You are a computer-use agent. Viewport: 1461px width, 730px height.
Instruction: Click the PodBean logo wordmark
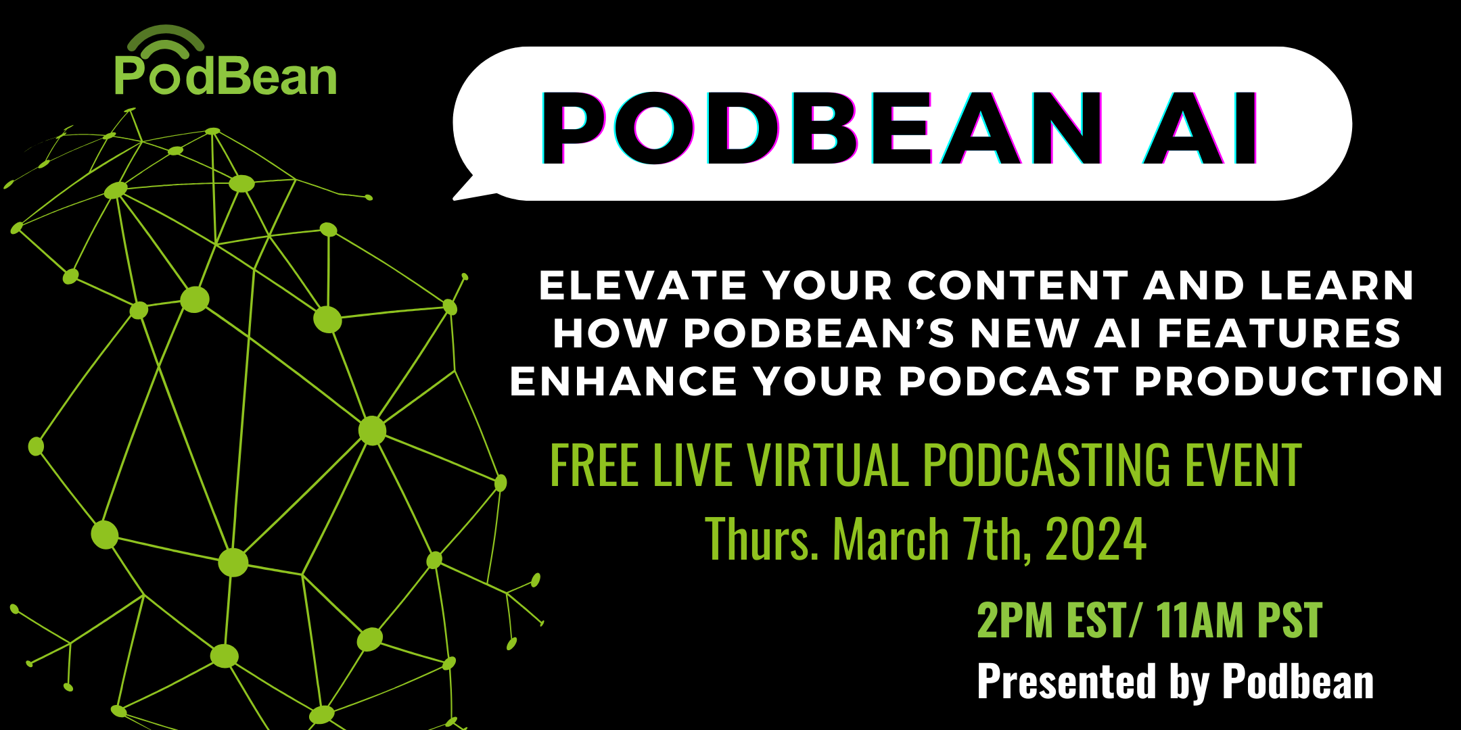[x=225, y=76]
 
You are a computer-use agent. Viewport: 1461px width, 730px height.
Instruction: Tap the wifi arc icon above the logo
[x=166, y=39]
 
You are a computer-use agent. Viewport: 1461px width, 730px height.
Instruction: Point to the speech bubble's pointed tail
[x=467, y=189]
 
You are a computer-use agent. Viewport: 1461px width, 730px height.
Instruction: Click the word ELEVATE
[x=643, y=285]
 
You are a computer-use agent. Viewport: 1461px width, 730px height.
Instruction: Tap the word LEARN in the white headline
[x=1337, y=285]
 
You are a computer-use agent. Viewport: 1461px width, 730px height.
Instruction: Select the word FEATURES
[x=1279, y=333]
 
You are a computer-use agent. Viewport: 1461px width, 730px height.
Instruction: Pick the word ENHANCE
[x=623, y=381]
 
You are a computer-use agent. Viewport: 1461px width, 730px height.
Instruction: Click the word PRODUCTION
[x=1289, y=381]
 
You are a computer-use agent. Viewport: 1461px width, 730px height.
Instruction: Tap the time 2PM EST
[x=1052, y=620]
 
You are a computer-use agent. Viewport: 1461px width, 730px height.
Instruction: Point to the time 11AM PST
[x=1239, y=620]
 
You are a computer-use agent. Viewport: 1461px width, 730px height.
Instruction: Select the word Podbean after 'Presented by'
[x=1298, y=681]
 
